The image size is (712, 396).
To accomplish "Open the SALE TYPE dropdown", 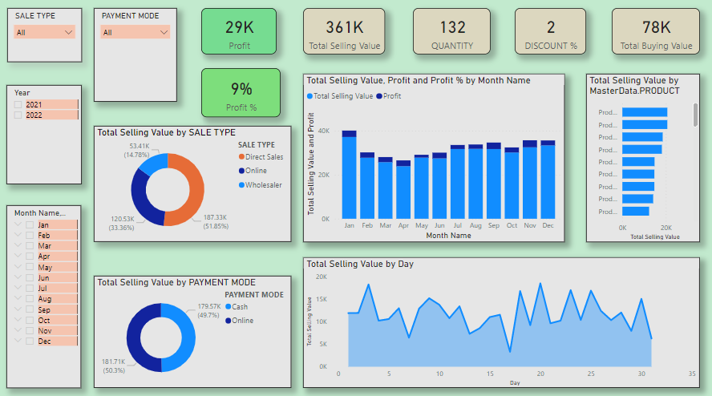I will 44,32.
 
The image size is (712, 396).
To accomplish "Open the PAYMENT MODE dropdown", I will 136,32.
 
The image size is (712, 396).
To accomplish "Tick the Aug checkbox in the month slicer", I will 30,298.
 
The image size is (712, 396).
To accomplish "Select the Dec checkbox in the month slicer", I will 30,341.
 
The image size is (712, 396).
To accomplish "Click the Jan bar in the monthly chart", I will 349,176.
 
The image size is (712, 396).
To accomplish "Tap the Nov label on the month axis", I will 530,226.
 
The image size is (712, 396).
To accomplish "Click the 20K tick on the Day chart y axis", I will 321,277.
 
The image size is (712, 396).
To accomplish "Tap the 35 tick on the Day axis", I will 691,374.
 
